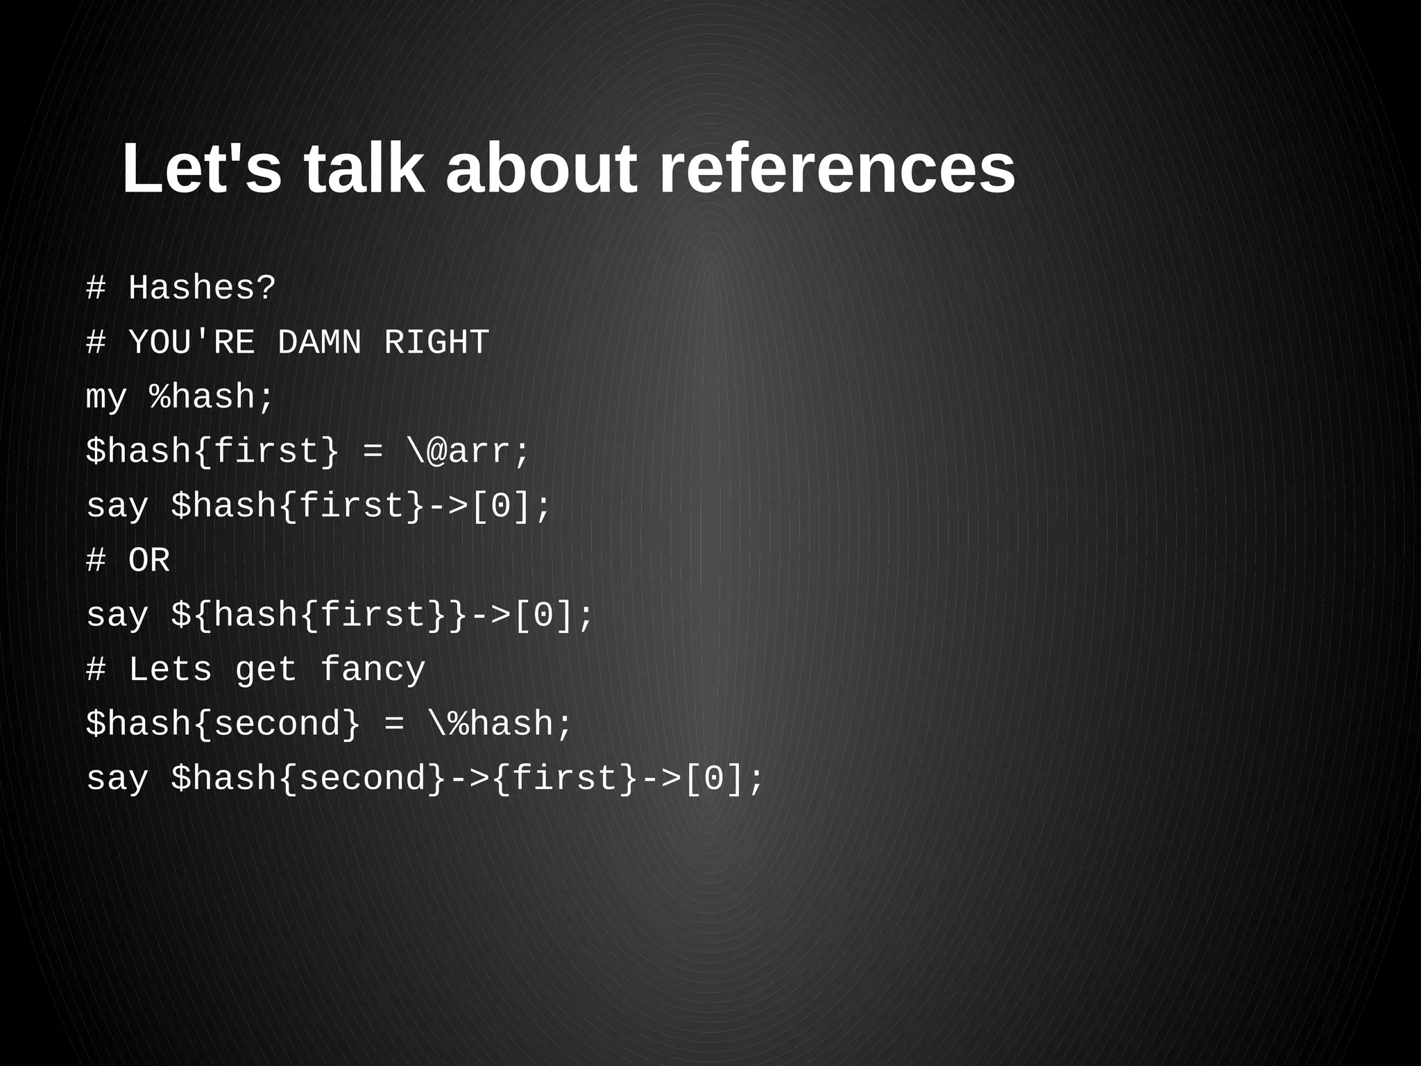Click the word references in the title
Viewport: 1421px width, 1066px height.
pyautogui.click(x=836, y=169)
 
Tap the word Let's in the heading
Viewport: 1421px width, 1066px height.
pyautogui.click(x=202, y=169)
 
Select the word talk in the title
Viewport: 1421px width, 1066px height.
pyautogui.click(x=364, y=169)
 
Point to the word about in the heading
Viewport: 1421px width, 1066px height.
pyautogui.click(x=541, y=169)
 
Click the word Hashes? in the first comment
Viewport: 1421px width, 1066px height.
pyautogui.click(x=202, y=288)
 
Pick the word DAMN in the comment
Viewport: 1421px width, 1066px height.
pyautogui.click(x=319, y=343)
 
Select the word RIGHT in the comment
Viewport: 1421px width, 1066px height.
pyautogui.click(x=436, y=343)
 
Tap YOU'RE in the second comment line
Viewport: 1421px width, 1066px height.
pyautogui.click(x=192, y=343)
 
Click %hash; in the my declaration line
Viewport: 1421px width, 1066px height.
pyautogui.click(x=212, y=398)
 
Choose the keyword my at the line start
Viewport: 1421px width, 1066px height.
pyautogui.click(x=106, y=398)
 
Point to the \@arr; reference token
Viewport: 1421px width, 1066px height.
pyautogui.click(x=468, y=452)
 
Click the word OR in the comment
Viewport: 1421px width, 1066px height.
pyautogui.click(x=149, y=561)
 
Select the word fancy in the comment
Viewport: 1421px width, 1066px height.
pyautogui.click(x=373, y=670)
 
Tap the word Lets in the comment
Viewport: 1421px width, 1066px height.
pyautogui.click(x=170, y=670)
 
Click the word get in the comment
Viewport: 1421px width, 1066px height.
pyautogui.click(x=266, y=670)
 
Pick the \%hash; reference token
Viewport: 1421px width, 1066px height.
pyautogui.click(x=500, y=725)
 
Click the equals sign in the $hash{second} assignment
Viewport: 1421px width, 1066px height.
pyautogui.click(x=393, y=725)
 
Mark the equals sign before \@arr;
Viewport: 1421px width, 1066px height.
pyautogui.click(x=373, y=452)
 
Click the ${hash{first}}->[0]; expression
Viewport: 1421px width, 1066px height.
pyautogui.click(x=382, y=616)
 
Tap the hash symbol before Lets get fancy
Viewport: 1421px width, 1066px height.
pyautogui.click(x=96, y=670)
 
